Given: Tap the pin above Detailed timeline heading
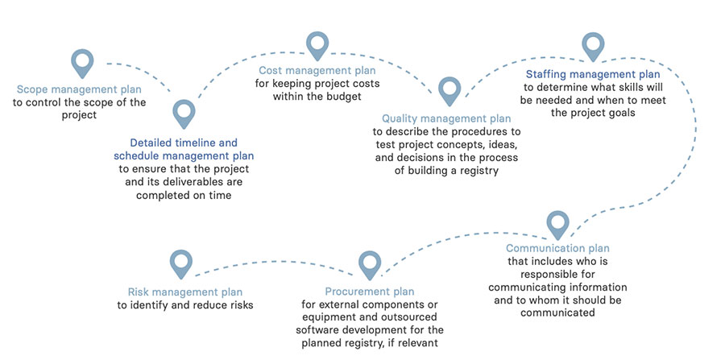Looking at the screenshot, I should pyautogui.click(x=184, y=113).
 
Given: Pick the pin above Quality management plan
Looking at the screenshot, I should pyautogui.click(x=449, y=90).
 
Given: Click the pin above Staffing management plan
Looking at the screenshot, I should pyautogui.click(x=593, y=46).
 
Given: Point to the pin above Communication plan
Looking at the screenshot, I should pyautogui.click(x=557, y=223).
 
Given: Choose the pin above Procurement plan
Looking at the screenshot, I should pyautogui.click(x=369, y=263).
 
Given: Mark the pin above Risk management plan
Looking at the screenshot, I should pyautogui.click(x=182, y=263).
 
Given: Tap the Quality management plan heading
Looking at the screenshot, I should pyautogui.click(x=446, y=118).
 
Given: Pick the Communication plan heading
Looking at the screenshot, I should pyautogui.click(x=557, y=249).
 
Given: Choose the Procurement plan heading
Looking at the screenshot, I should pyautogui.click(x=370, y=291).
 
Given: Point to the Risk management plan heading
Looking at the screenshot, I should pyautogui.click(x=185, y=291).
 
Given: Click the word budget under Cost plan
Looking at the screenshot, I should pyautogui.click(x=343, y=97).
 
